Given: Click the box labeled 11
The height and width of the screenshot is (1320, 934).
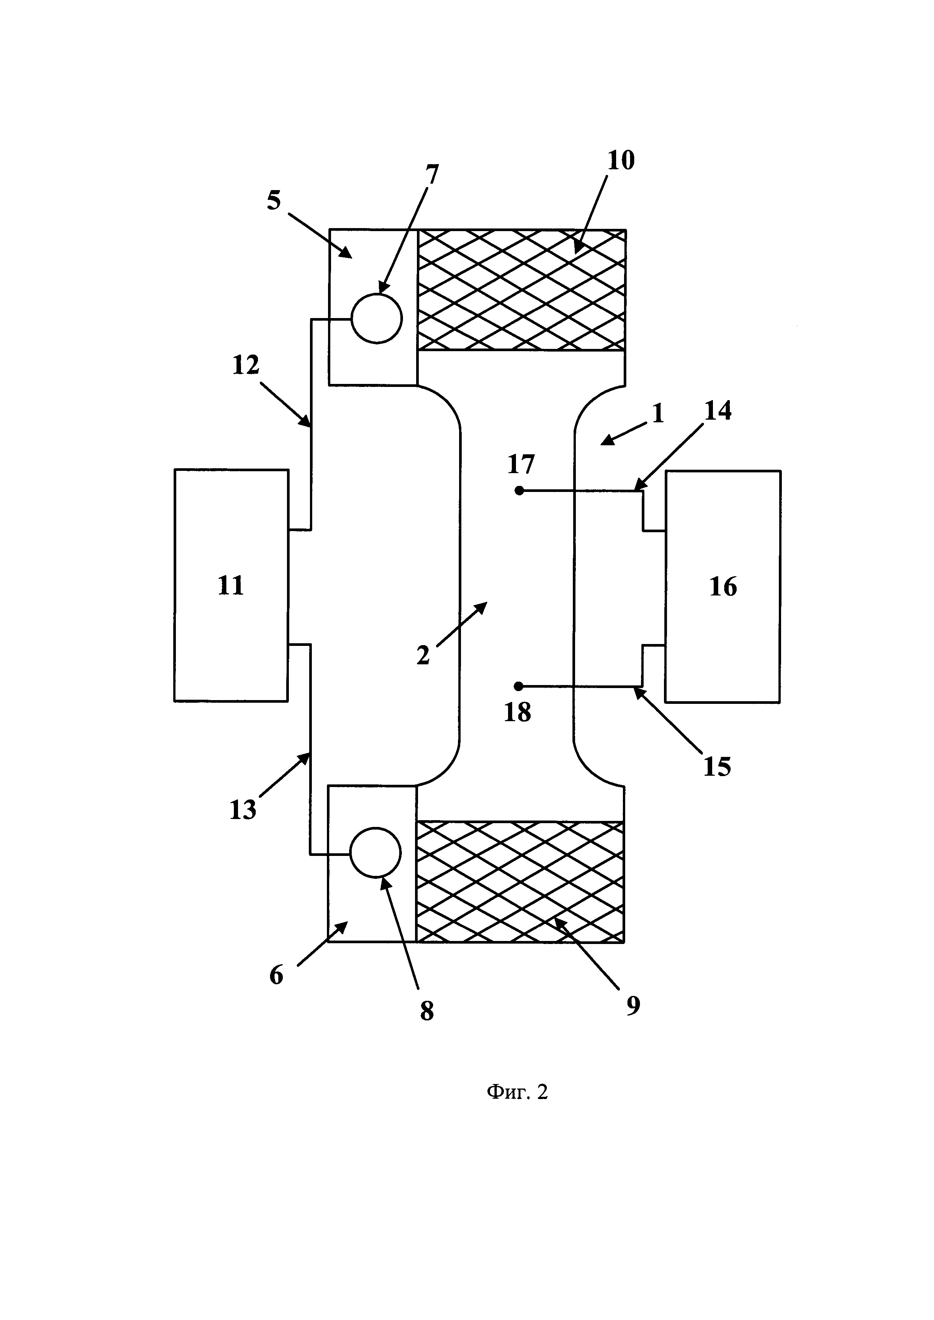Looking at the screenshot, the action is pos(231,585).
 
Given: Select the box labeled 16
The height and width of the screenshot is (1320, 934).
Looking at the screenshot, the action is pos(723,586).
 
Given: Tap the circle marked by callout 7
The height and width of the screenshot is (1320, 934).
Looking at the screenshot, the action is pos(377,318).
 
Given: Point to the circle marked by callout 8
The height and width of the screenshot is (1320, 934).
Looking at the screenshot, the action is pos(375,853).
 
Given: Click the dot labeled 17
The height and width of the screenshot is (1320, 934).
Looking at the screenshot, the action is pos(519,490).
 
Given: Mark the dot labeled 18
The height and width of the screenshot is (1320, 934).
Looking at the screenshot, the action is pos(519,686).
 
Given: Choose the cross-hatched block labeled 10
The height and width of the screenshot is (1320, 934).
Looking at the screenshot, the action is pos(521,290).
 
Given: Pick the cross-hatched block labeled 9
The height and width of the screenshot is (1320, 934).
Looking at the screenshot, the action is pos(520,882).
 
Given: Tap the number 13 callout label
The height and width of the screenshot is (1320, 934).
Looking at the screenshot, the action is pos(243,810).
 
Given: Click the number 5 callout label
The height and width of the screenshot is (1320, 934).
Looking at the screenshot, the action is pos(274,201).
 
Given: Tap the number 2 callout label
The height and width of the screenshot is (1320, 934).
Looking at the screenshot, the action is pos(423,655).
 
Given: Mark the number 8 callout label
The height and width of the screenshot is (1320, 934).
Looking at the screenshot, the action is pos(427,1010).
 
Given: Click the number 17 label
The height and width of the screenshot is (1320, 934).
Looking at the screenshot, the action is pos(521,464).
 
